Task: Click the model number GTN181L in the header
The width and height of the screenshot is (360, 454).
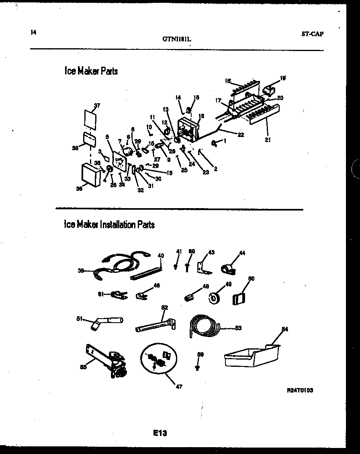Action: (177, 39)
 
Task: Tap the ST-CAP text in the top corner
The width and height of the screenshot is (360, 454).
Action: (312, 34)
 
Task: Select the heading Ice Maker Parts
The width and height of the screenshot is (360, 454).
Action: (91, 71)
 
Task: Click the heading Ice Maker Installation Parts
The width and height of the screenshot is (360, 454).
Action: (109, 224)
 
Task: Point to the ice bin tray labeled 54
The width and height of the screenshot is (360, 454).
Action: (251, 356)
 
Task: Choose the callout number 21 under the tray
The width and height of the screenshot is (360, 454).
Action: (267, 139)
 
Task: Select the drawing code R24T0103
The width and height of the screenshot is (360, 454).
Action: (300, 390)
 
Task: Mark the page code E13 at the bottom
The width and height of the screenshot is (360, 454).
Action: (160, 433)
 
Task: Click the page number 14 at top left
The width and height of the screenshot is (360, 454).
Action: (33, 33)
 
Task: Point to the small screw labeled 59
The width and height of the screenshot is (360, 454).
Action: (197, 366)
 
